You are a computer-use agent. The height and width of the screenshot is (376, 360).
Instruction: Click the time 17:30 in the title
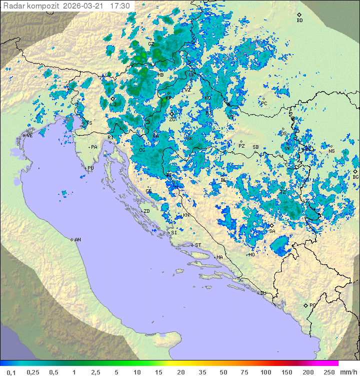click(120, 6)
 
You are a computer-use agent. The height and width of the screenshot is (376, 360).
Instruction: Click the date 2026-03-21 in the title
click(85, 6)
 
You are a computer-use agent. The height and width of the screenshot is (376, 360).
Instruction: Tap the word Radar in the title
click(13, 6)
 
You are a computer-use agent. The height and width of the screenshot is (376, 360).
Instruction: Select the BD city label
click(299, 21)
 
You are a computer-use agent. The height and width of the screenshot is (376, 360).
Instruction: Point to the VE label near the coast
click(29, 136)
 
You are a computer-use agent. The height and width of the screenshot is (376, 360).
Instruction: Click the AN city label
click(77, 240)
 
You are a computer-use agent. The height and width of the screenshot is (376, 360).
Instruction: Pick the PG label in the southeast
click(312, 305)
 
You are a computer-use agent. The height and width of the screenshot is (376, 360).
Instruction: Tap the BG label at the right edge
click(355, 177)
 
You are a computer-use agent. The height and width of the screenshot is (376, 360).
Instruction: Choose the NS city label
click(331, 151)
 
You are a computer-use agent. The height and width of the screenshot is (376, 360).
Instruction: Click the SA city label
click(272, 231)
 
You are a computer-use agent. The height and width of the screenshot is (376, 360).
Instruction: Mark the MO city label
click(251, 254)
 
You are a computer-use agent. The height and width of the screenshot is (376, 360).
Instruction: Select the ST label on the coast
click(198, 245)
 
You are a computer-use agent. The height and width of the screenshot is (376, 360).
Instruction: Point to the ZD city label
click(146, 211)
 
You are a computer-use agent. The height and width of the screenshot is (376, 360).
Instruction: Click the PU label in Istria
click(90, 168)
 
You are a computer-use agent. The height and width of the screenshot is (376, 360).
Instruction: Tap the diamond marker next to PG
click(305, 305)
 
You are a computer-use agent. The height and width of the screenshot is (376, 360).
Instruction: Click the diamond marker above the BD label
click(299, 15)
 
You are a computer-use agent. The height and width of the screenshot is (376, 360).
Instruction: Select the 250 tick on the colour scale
click(329, 372)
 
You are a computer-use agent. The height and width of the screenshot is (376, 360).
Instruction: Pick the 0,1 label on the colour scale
click(11, 372)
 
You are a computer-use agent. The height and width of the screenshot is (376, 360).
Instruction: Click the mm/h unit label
click(348, 372)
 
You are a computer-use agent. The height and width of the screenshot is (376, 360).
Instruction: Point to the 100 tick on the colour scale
click(266, 372)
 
